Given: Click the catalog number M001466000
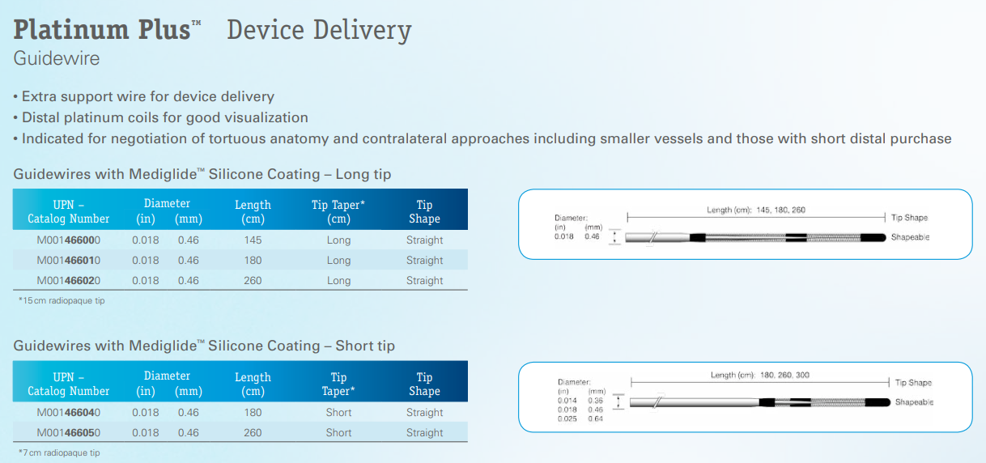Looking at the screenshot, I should [x=68, y=240].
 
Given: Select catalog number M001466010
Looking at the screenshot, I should [x=68, y=261].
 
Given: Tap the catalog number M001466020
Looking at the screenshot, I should [x=68, y=281].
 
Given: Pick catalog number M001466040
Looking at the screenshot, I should [x=68, y=413].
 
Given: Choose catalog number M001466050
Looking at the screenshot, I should [x=68, y=433].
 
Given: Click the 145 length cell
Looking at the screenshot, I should [x=253, y=240].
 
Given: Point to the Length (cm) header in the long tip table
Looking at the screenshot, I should [x=253, y=211].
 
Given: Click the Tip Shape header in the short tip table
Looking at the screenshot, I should [x=424, y=384].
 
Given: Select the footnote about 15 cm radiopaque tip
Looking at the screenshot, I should [x=62, y=301].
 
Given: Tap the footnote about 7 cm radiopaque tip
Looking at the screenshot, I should [x=59, y=452].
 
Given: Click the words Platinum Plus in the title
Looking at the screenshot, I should [x=103, y=30].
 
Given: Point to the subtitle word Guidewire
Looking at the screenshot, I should [x=57, y=59].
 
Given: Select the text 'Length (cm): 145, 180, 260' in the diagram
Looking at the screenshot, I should [x=756, y=210].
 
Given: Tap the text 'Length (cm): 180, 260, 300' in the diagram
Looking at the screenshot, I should [x=760, y=375].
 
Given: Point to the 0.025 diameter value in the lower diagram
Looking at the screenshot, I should [x=567, y=418].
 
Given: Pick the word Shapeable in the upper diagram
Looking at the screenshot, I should [x=910, y=238].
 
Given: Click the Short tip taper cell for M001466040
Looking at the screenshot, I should [x=338, y=413].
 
